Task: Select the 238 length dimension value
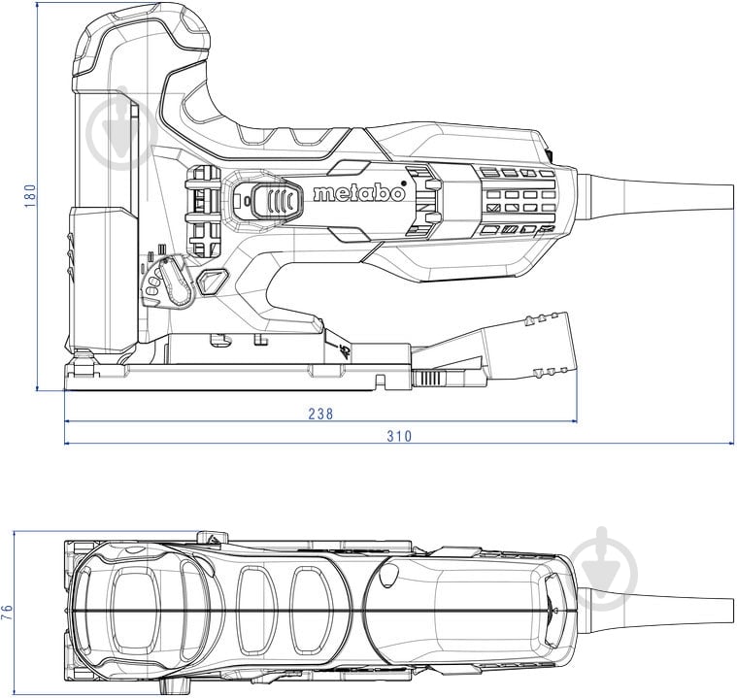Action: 320,414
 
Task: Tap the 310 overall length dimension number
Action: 398,436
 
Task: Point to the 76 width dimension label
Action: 9,612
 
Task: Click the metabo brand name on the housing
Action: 358,192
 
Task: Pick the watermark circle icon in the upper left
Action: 120,132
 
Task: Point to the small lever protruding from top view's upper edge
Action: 208,538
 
